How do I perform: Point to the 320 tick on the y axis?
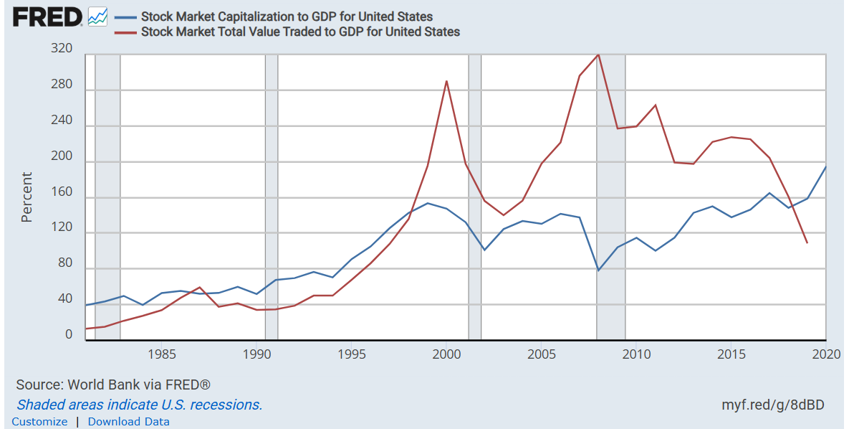coord(62,49)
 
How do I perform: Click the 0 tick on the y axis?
coord(69,335)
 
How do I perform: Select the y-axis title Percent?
coord(27,197)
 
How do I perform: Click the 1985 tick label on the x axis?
coord(162,354)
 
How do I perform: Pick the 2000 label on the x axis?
coord(446,354)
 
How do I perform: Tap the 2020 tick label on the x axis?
coord(826,354)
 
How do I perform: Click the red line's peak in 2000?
coord(446,81)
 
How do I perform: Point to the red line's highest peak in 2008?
coord(598,55)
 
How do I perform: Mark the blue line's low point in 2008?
coord(598,270)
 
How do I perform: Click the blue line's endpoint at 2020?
coord(826,167)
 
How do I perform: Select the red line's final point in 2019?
coord(807,243)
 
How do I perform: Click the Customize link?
coord(40,422)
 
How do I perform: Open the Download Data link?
coord(129,422)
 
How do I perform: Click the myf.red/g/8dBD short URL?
coord(773,405)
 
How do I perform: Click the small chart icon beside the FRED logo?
coord(97,16)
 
